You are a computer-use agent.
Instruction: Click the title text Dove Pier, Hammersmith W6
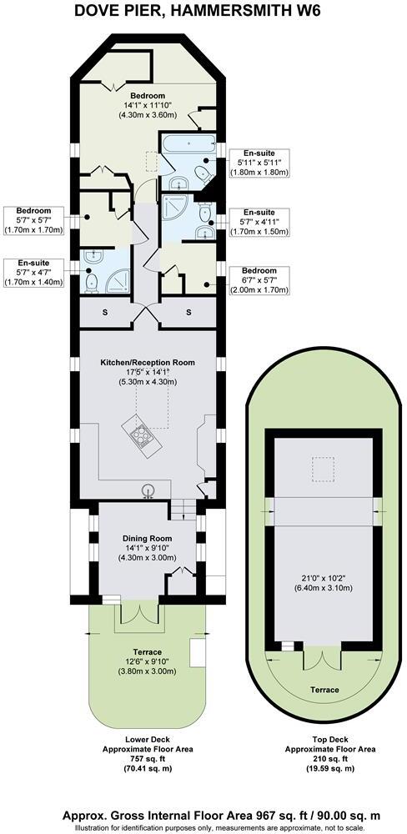[x=203, y=12]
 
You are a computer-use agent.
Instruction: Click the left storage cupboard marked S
[x=105, y=312]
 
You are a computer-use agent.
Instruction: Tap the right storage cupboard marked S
[x=188, y=312]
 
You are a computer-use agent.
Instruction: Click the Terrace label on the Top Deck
[x=325, y=690]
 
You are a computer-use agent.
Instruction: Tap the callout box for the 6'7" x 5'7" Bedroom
[x=259, y=280]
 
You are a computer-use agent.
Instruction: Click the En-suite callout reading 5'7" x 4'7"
[x=34, y=272]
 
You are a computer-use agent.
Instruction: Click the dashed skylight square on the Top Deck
[x=319, y=470]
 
